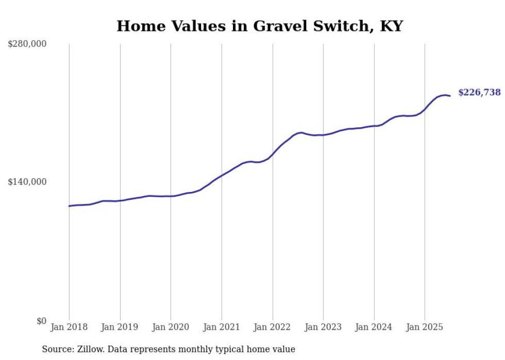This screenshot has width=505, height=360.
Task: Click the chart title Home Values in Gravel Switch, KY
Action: pos(259,26)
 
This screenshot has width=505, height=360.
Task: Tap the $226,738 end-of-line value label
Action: pos(479,92)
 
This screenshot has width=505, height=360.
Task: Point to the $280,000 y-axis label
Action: pos(27,44)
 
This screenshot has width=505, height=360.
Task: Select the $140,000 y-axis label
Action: pos(27,182)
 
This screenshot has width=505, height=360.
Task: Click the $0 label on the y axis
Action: pos(41,321)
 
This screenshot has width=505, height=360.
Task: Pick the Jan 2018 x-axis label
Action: pos(69,327)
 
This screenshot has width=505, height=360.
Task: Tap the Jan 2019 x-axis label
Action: pos(120,327)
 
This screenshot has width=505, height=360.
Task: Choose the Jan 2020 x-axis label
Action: pos(171,327)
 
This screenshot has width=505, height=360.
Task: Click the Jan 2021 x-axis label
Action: pos(222,327)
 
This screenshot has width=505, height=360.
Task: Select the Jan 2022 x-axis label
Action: pos(273,327)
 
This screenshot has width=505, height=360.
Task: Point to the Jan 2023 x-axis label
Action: pos(323,327)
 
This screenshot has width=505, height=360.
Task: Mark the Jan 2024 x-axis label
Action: pos(374,327)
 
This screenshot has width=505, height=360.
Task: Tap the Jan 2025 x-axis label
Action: pos(425,327)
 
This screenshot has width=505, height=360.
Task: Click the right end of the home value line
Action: pos(450,96)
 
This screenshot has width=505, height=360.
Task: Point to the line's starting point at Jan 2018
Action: pos(69,206)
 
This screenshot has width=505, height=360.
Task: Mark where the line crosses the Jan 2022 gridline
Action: pos(273,154)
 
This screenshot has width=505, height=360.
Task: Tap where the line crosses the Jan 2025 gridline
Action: pos(425,109)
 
